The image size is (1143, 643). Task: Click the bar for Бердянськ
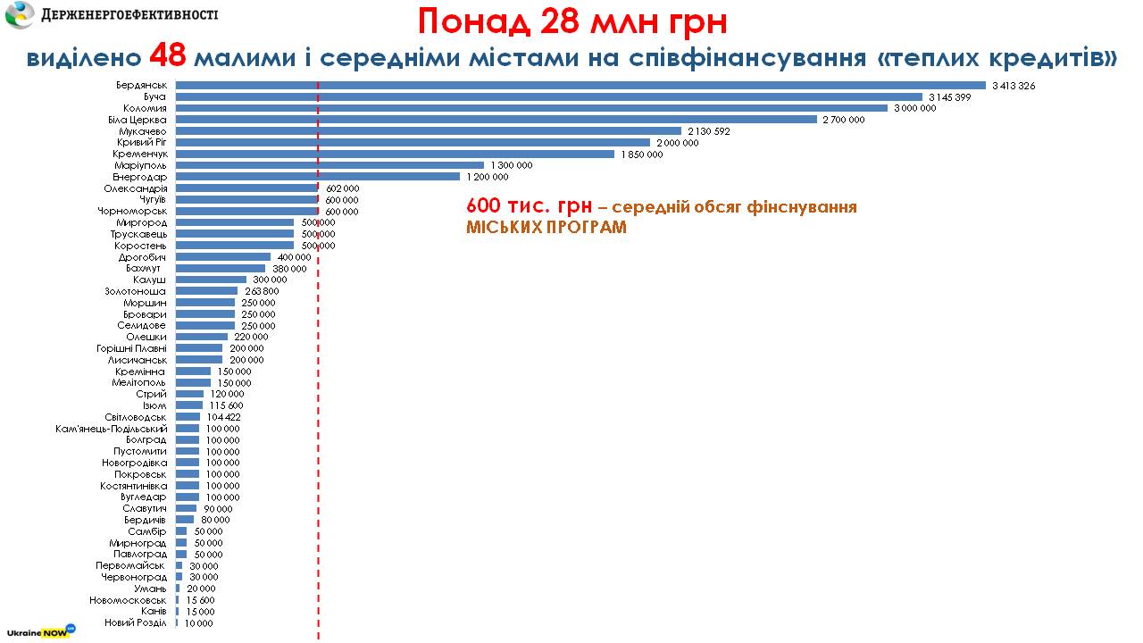click(x=580, y=86)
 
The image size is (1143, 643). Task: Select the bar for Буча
click(x=549, y=96)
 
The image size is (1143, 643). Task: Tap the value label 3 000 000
click(x=914, y=108)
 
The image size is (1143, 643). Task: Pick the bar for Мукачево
click(x=429, y=131)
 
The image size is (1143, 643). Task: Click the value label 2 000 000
click(x=678, y=143)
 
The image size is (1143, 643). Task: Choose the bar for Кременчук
click(x=395, y=154)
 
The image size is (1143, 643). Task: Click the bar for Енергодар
click(x=318, y=177)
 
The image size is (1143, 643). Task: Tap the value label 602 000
click(x=342, y=188)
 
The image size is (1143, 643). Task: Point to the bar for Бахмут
click(x=221, y=268)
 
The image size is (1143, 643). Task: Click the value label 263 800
click(x=262, y=291)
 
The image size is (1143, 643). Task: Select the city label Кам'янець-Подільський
click(x=112, y=429)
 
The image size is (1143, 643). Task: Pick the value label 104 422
click(x=223, y=417)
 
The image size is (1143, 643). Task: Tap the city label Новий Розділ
click(x=135, y=622)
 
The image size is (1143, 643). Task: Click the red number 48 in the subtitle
click(x=167, y=56)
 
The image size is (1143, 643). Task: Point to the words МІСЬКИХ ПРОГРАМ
click(x=546, y=227)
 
